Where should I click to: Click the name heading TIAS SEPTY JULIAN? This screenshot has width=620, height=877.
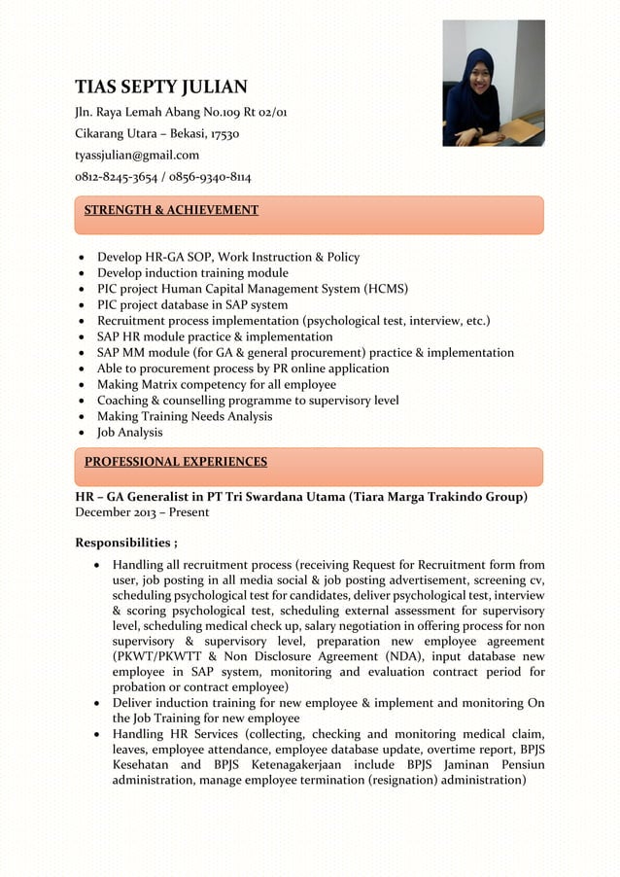pyautogui.click(x=161, y=87)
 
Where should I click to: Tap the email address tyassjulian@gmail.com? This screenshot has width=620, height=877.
pyautogui.click(x=137, y=155)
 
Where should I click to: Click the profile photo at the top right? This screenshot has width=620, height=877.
pyautogui.click(x=493, y=84)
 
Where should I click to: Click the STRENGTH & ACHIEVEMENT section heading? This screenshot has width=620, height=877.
pyautogui.click(x=171, y=210)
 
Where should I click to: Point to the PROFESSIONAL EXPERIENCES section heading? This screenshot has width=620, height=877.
pyautogui.click(x=175, y=462)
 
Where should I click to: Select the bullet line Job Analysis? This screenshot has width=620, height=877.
pyautogui.click(x=129, y=433)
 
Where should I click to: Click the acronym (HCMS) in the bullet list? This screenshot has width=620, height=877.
pyautogui.click(x=386, y=289)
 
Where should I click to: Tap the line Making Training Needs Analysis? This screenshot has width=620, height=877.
pyautogui.click(x=184, y=416)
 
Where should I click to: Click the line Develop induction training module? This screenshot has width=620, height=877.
pyautogui.click(x=192, y=273)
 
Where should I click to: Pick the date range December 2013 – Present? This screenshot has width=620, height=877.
pyautogui.click(x=142, y=512)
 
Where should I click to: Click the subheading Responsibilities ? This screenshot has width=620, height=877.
pyautogui.click(x=126, y=543)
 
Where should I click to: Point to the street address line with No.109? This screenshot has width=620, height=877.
pyautogui.click(x=181, y=112)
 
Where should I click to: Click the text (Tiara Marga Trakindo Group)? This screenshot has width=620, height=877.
pyautogui.click(x=438, y=497)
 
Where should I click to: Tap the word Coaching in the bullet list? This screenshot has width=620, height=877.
pyautogui.click(x=122, y=401)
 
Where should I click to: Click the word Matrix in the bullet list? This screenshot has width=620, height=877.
pyautogui.click(x=166, y=385)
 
